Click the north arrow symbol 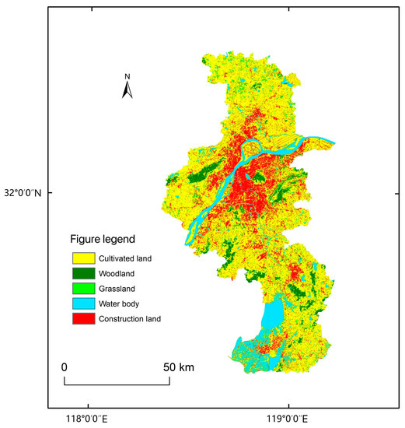click(x=128, y=90)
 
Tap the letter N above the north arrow click(x=128, y=76)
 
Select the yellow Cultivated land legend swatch click(x=82, y=258)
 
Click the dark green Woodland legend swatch click(x=82, y=273)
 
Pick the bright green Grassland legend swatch click(x=82, y=288)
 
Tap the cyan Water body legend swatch click(x=82, y=303)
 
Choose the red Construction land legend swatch click(x=82, y=319)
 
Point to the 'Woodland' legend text click(x=118, y=273)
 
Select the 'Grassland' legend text click(x=118, y=288)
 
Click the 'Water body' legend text click(x=120, y=303)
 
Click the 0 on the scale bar click(x=65, y=367)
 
